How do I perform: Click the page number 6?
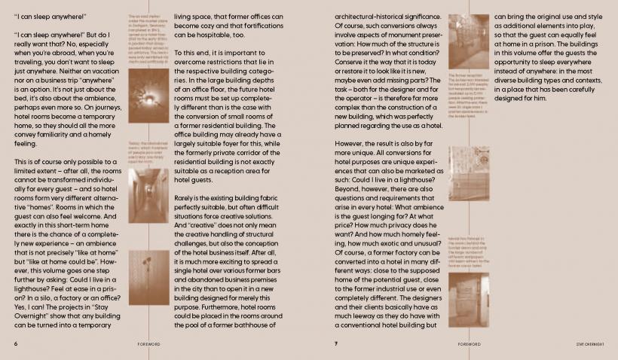coord(16,343)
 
